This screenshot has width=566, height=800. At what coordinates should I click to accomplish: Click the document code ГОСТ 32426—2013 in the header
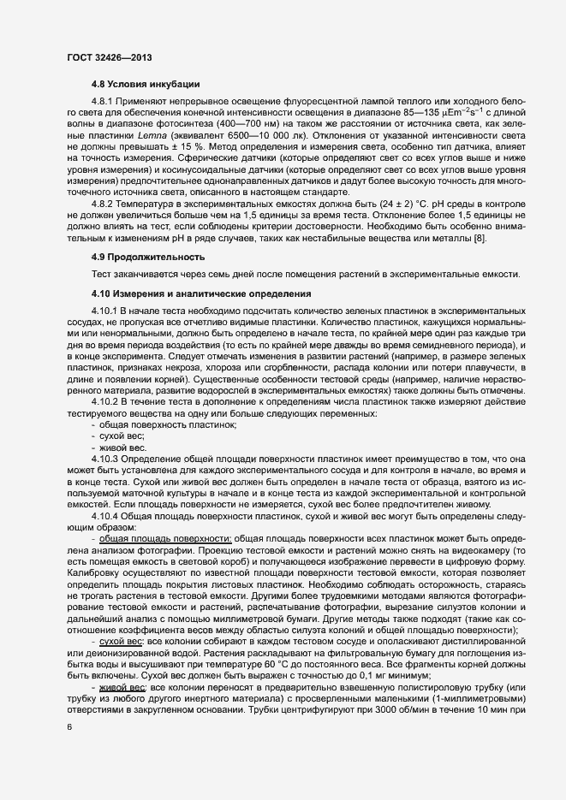(110, 57)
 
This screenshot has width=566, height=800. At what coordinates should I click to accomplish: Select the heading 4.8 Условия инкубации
(146, 84)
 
